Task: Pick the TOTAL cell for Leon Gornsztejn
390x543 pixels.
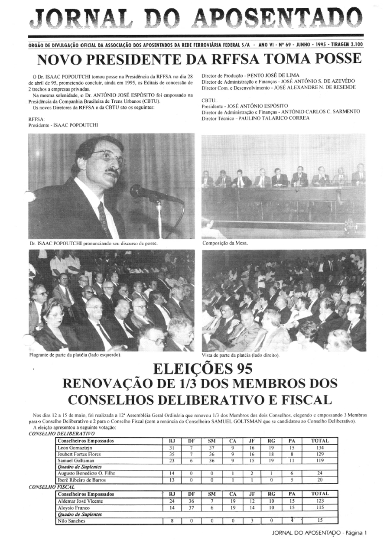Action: tap(320, 447)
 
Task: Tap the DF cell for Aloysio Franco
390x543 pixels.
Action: tap(191, 507)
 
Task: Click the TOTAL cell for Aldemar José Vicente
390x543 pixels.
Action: tap(320, 501)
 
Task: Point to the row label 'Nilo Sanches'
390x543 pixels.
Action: tap(71, 521)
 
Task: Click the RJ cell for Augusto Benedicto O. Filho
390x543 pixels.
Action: tap(172, 473)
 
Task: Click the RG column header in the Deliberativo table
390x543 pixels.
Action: tap(272, 441)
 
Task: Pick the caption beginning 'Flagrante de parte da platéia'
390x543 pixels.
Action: tap(75, 354)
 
